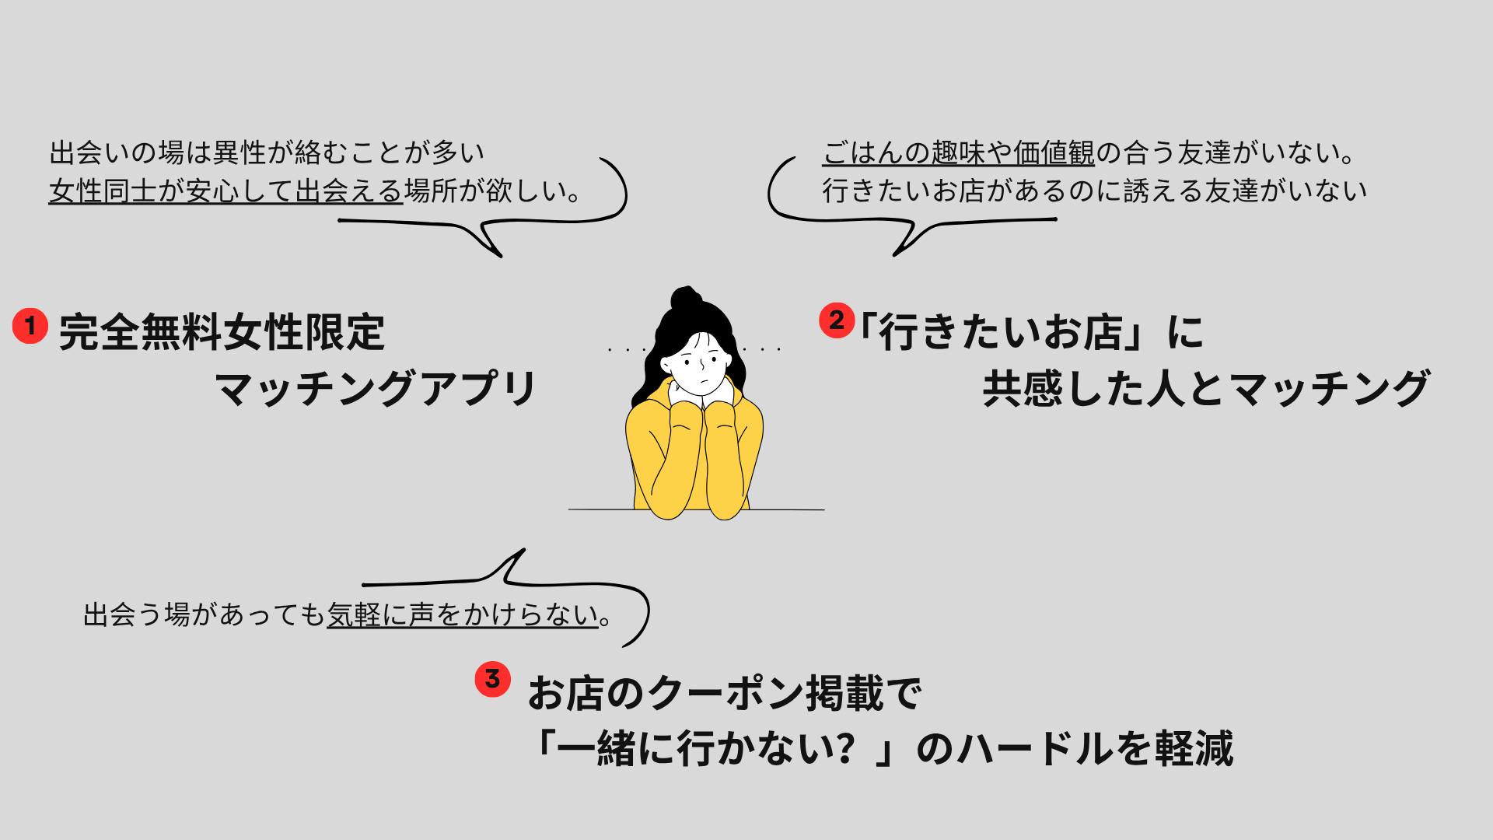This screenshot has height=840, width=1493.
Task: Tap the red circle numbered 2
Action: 837,320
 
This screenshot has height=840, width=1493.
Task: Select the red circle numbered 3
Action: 492,678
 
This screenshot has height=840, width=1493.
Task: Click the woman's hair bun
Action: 684,299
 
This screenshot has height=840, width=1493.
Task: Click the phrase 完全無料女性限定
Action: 222,332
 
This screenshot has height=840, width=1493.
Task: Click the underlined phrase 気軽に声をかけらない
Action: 462,615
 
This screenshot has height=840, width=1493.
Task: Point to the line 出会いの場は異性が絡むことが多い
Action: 267,153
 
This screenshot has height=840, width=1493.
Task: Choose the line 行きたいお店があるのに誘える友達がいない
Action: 1095,191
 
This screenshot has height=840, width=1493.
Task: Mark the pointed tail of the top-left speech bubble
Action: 500,255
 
